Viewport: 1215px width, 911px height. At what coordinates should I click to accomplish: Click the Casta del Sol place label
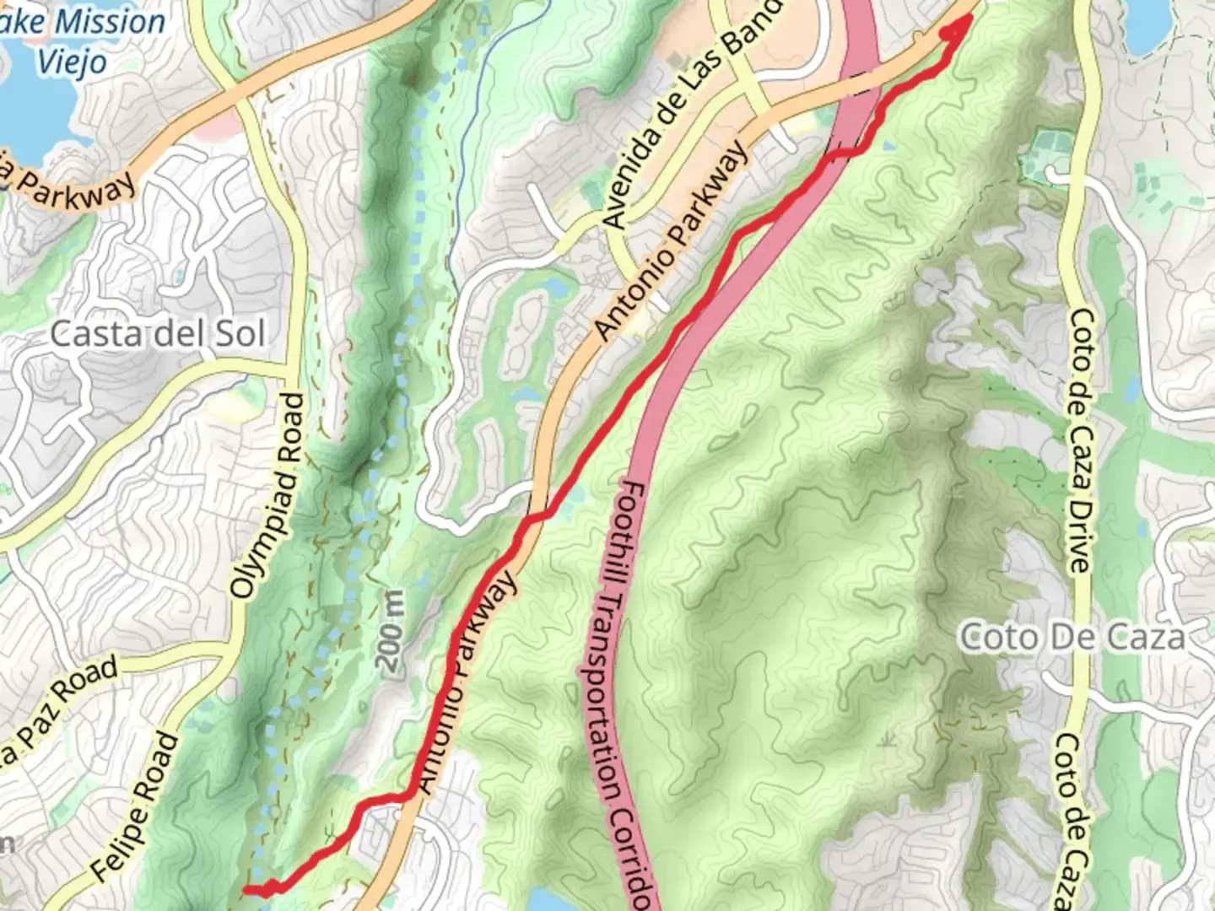click(157, 334)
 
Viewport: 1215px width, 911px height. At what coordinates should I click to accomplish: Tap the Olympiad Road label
click(267, 497)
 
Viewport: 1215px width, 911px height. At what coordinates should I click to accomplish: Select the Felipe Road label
click(135, 807)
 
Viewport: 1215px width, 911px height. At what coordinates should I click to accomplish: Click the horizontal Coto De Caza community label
click(1072, 637)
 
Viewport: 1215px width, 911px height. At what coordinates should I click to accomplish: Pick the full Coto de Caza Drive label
click(1080, 441)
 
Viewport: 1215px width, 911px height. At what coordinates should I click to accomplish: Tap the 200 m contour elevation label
click(391, 632)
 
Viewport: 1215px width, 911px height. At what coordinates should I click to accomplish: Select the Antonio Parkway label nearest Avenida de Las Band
click(672, 241)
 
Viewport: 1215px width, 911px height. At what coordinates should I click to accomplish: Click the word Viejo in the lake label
click(72, 62)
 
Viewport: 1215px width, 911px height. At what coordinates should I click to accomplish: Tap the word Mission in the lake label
click(109, 21)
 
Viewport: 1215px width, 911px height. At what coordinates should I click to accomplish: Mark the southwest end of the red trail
click(246, 889)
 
